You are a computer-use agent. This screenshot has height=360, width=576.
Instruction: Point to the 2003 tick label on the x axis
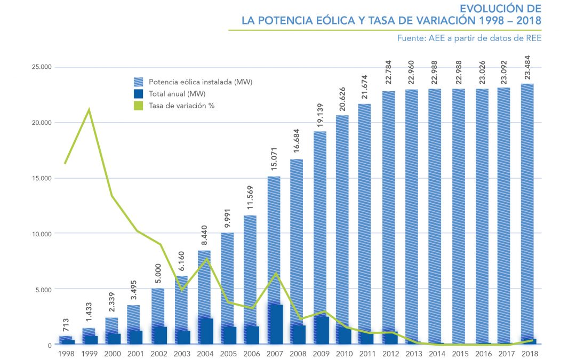click(x=181, y=353)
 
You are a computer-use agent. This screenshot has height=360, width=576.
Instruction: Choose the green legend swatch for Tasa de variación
click(x=139, y=106)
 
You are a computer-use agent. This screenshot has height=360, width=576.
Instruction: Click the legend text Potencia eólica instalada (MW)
click(x=200, y=82)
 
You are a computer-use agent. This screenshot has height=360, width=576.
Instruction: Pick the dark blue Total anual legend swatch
click(x=139, y=94)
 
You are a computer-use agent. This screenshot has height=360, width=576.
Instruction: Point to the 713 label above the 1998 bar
click(x=65, y=327)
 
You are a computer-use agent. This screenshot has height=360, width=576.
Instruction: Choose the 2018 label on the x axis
click(x=527, y=353)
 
